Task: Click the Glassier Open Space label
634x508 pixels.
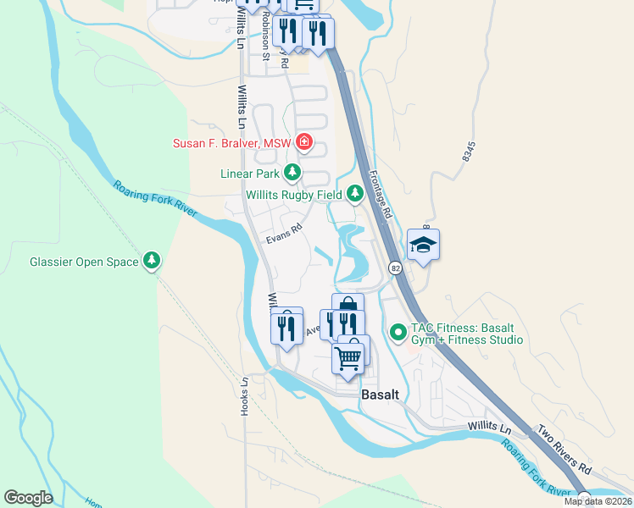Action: [x=84, y=262]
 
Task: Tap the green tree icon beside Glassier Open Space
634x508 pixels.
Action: [x=152, y=261]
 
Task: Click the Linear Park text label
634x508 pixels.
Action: [x=249, y=174]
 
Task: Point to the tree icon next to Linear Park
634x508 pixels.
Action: [x=292, y=174]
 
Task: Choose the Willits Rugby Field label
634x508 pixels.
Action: [x=294, y=195]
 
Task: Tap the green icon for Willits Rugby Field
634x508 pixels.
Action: [x=354, y=195]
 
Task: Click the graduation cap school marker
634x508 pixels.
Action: [x=423, y=245]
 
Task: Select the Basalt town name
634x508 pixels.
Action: [x=379, y=395]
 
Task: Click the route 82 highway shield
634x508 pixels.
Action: [x=396, y=268]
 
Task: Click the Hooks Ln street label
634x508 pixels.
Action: [x=244, y=395]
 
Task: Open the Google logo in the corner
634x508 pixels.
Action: [x=28, y=498]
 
